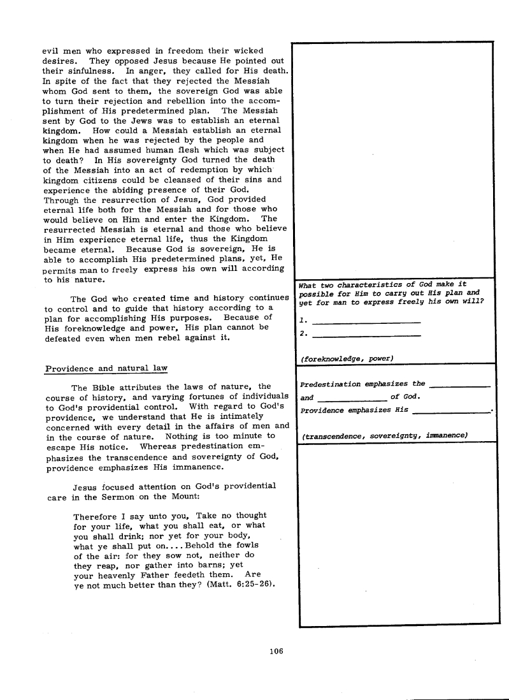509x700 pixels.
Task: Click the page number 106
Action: tap(276, 651)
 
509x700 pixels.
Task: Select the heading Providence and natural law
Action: tap(107, 368)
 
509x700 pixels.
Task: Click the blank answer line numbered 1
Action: tap(368, 320)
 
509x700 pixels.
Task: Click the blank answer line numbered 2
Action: tap(368, 334)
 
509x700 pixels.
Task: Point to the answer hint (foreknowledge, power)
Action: tap(346, 359)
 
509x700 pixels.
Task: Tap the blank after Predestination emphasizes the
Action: tap(460, 385)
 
